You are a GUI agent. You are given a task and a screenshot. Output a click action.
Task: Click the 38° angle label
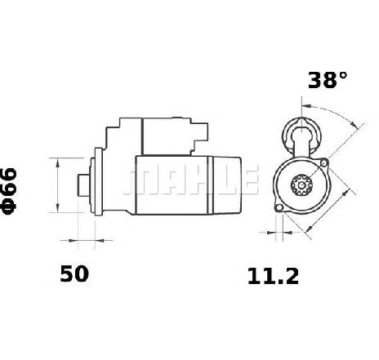pos(328,80)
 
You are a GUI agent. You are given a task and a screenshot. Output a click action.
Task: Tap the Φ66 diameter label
pos(9,192)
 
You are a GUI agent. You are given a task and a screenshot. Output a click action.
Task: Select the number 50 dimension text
pos(74,274)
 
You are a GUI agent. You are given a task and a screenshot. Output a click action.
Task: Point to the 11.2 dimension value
pos(273,276)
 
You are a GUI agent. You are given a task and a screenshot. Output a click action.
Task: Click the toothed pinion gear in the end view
pos(301,185)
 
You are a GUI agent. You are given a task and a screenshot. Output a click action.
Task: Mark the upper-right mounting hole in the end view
pos(323,163)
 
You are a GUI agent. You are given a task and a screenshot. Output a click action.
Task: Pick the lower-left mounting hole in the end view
pos(279,208)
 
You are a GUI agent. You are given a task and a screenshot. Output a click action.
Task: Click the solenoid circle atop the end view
pos(301,136)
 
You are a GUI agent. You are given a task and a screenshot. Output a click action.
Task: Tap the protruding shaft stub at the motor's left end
pos(83,185)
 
